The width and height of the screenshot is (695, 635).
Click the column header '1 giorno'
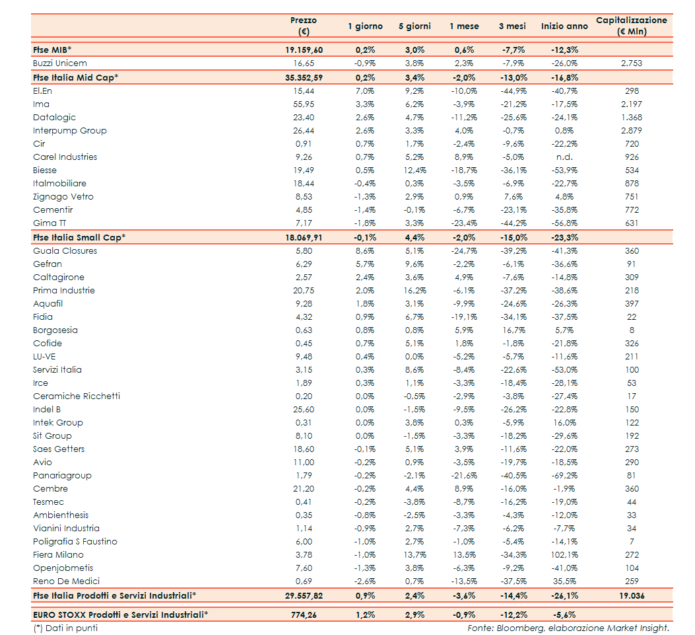click(365, 26)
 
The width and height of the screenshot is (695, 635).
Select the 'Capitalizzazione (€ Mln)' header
click(631, 26)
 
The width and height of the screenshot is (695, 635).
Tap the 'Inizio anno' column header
click(564, 26)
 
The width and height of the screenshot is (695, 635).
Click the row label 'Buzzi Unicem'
click(59, 63)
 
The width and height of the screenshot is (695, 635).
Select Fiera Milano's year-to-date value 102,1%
click(564, 555)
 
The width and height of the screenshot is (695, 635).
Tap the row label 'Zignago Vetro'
click(63, 197)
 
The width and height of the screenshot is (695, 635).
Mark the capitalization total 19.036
click(631, 596)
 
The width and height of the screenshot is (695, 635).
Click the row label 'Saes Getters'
click(59, 449)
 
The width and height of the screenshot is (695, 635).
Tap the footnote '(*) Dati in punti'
click(65, 628)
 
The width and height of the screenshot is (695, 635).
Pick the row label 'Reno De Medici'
click(66, 581)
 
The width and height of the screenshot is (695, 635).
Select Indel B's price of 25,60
click(304, 410)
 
